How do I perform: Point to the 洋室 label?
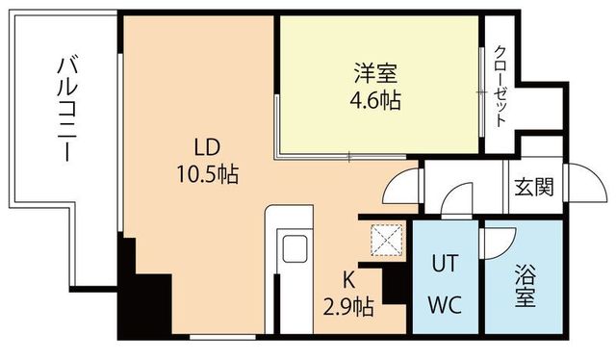375,72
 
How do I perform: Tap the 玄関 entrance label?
532,186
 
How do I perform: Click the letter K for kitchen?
350,281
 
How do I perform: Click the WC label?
445,307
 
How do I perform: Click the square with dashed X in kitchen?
387,241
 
